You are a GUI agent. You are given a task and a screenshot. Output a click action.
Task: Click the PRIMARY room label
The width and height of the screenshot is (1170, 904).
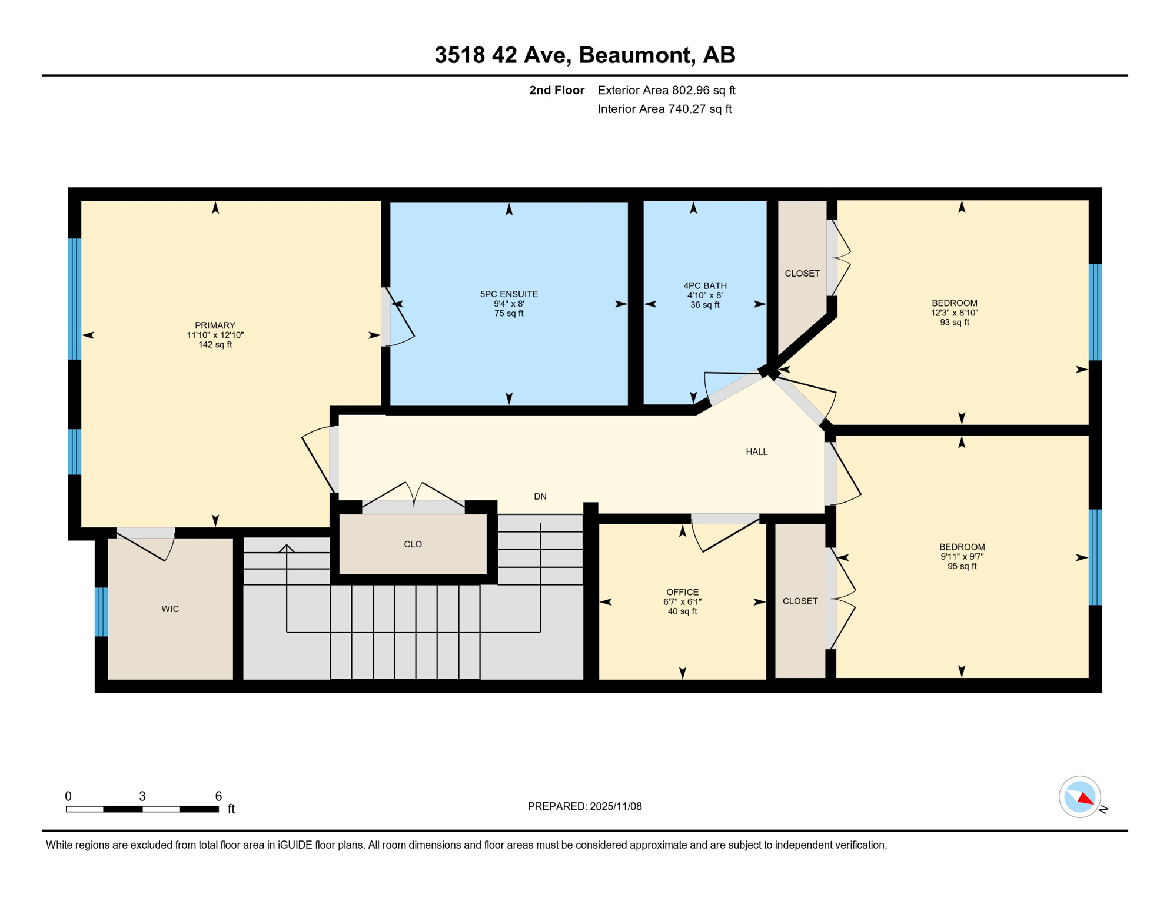(215, 325)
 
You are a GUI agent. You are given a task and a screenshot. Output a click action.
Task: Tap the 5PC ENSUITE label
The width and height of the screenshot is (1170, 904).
(508, 294)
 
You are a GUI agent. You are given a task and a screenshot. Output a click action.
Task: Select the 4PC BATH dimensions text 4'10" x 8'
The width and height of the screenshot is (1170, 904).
(704, 295)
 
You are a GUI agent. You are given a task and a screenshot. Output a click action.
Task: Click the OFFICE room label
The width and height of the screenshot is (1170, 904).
(682, 592)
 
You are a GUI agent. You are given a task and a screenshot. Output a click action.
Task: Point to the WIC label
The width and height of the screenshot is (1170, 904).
(170, 609)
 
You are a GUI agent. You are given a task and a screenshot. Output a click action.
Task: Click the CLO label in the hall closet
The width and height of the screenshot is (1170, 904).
(413, 544)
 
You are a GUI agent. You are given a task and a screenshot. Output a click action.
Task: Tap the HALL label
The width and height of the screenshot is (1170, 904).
(756, 452)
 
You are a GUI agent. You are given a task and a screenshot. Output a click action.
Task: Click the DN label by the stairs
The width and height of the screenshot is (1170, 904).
(540, 497)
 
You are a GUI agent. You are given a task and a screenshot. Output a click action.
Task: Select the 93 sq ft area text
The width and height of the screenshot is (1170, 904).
(954, 323)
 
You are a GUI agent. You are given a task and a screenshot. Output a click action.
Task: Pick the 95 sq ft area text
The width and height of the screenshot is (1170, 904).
(962, 566)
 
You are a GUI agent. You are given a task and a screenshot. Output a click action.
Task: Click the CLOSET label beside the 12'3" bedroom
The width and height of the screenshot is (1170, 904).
(802, 274)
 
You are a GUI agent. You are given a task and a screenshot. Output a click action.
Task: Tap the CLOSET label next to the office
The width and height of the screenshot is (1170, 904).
(800, 601)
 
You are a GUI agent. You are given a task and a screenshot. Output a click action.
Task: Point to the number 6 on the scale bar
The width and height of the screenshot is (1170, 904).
(218, 796)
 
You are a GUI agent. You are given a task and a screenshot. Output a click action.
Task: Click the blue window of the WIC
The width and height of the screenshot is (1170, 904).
(101, 612)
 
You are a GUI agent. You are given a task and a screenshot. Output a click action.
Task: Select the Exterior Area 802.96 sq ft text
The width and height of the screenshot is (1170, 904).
(666, 90)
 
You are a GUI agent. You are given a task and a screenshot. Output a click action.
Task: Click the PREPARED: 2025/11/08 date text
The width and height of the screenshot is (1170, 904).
(584, 806)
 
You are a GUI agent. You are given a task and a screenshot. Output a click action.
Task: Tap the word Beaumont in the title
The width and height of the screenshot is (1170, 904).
(636, 55)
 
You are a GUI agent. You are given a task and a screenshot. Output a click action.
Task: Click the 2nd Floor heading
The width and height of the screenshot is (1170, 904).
(556, 90)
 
